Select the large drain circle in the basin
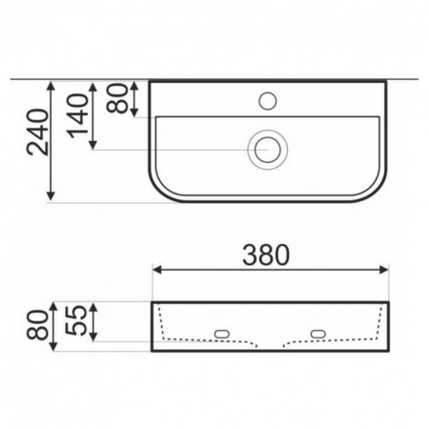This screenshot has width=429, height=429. [x=267, y=149]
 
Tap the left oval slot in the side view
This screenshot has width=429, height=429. [x=223, y=333]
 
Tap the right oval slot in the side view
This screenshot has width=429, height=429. [x=317, y=333]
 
